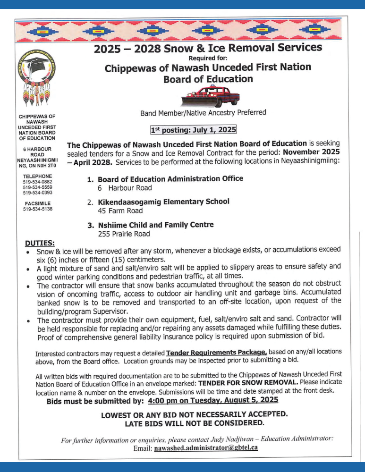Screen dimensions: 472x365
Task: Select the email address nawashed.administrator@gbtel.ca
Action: click(206, 447)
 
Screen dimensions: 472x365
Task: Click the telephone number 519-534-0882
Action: click(37, 182)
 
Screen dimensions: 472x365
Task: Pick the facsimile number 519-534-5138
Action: click(37, 209)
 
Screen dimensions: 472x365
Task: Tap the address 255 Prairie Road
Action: click(124, 233)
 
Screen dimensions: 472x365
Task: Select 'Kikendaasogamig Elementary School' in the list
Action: click(163, 202)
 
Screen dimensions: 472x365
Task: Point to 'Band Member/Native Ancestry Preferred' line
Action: click(203, 113)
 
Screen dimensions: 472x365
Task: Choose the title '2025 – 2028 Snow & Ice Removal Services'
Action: click(208, 48)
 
